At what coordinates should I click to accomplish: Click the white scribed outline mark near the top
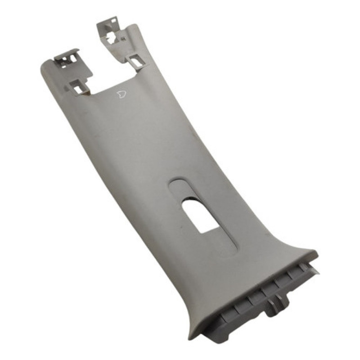pyautogui.click(x=122, y=94)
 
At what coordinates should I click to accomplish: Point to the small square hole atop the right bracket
pyautogui.click(x=113, y=20)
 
